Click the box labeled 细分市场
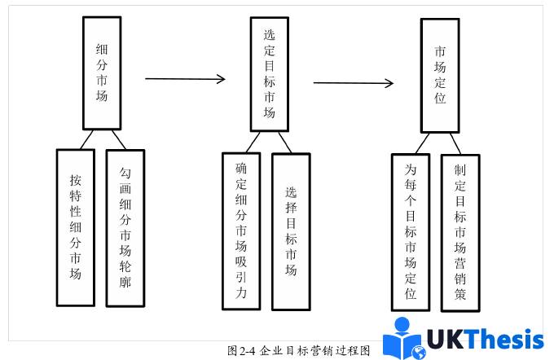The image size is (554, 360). tap(102, 72)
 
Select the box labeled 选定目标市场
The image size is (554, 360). tap(269, 73)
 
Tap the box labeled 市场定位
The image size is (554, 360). tap(440, 76)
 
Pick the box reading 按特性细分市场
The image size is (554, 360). tap(76, 227)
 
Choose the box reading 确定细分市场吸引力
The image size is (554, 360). tap(241, 231)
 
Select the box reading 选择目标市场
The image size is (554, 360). tap(291, 232)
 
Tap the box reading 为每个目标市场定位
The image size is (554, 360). tap(411, 231)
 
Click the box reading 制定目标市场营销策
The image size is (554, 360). tap(460, 232)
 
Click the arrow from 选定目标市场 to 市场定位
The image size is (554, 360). tap(354, 82)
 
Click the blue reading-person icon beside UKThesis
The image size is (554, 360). tap(403, 339)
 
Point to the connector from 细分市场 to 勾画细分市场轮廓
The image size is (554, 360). tap(117, 139)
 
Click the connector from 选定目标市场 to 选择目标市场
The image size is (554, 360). tap(284, 143)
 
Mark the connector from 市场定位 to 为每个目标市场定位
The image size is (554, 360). tap(423, 143)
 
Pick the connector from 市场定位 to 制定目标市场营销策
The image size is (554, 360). tap(454, 144)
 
